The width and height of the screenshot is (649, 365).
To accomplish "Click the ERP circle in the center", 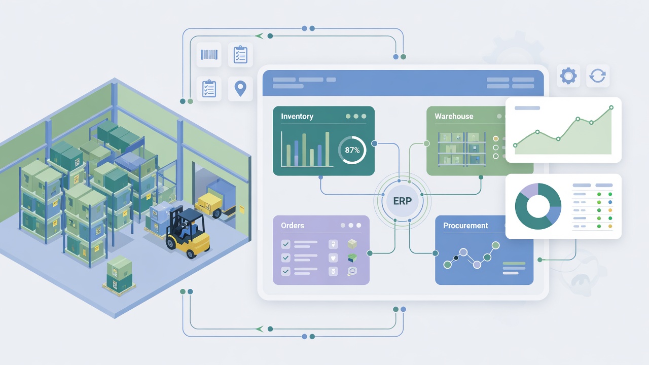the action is (402, 201).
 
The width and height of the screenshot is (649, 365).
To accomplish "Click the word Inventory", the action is (297, 117).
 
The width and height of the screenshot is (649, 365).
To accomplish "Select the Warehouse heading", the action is (454, 117).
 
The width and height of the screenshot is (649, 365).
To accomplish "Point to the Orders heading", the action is (293, 226).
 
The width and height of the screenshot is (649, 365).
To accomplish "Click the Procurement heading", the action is (465, 226).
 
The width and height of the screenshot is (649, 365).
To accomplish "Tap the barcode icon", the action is (209, 54).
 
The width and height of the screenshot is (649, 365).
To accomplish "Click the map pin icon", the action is (240, 89).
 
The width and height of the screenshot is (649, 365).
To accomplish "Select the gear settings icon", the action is (568, 76).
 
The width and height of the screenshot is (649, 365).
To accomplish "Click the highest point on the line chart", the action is (611, 107).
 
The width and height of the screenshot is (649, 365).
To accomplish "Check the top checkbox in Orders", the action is (285, 244).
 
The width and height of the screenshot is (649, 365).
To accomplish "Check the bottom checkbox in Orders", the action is (285, 271).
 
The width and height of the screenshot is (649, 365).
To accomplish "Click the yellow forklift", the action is (188, 232).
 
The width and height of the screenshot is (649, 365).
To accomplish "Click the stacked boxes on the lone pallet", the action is (119, 274).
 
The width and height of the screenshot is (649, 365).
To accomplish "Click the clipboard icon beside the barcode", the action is (240, 54).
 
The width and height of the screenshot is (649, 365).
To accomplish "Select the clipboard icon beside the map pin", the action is (209, 89).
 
